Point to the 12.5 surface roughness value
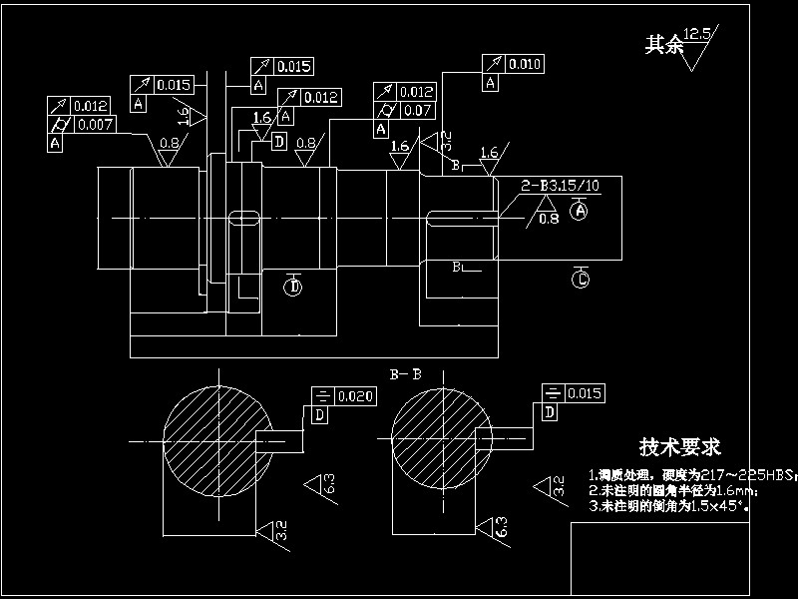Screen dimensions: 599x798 [697, 34]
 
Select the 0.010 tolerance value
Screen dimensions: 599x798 [524, 65]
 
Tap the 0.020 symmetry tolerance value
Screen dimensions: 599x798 [355, 396]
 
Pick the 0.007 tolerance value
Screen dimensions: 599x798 [94, 125]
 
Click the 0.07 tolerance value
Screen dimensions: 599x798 [418, 111]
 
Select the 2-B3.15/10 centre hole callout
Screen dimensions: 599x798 [561, 186]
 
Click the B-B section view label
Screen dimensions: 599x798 [404, 374]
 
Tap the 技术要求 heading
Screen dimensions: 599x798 [680, 446]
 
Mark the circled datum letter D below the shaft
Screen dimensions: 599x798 [293, 288]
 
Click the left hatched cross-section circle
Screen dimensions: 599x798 [216, 437]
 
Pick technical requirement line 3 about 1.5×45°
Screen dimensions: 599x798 [668, 506]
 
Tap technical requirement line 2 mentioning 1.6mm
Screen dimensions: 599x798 [673, 491]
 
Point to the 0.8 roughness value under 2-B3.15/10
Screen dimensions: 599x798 [548, 218]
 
